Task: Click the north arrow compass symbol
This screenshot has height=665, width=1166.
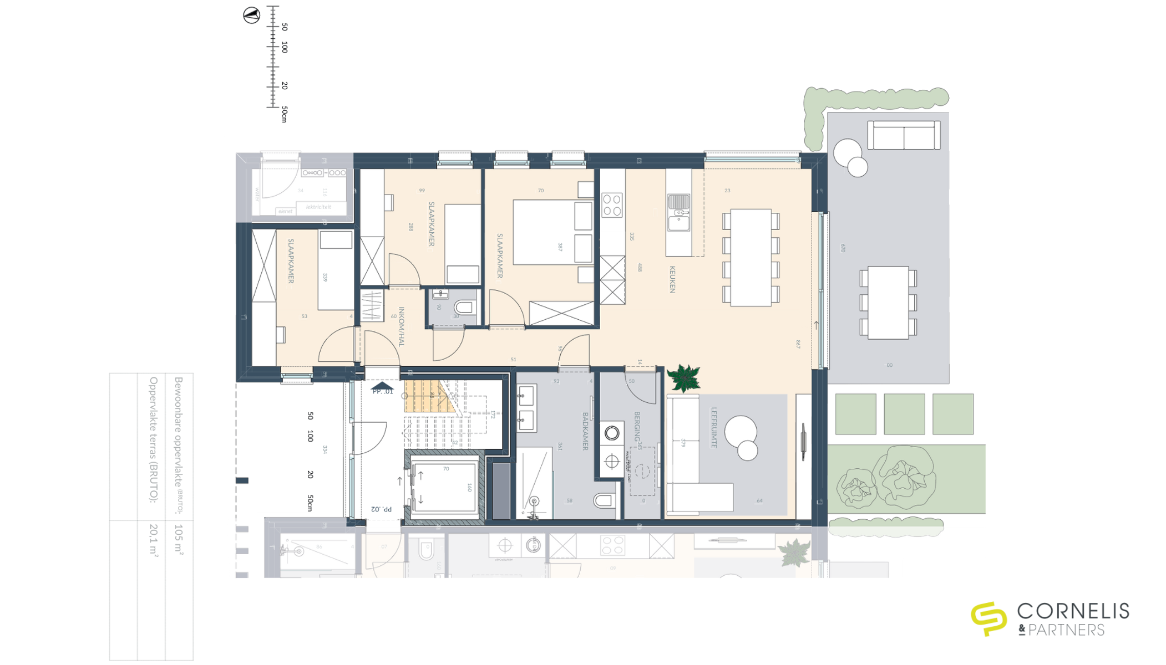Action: tap(251, 15)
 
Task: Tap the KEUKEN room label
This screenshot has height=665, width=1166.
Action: tap(672, 279)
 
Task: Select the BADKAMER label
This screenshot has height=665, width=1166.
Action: tap(585, 431)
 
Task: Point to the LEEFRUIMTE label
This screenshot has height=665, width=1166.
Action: tap(714, 427)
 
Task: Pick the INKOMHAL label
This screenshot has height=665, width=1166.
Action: tap(401, 326)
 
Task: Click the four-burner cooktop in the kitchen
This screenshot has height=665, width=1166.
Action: tap(612, 204)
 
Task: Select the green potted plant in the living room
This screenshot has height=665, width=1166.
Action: tap(684, 379)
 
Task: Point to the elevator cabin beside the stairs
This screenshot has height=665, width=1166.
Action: tap(444, 487)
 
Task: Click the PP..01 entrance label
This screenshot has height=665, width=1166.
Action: tap(382, 391)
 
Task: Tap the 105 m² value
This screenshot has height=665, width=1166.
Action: tap(179, 539)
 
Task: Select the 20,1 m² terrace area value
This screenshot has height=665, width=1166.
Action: tap(154, 539)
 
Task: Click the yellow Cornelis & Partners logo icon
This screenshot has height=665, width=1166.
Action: tap(988, 618)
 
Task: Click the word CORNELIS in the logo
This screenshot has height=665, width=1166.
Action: tap(1073, 611)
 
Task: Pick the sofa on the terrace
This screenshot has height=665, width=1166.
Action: tap(904, 135)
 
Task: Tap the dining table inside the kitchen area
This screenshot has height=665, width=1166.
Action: tap(751, 257)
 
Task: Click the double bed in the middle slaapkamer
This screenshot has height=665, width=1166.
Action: tap(552, 232)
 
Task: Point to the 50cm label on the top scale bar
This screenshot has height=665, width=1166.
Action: tap(284, 114)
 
